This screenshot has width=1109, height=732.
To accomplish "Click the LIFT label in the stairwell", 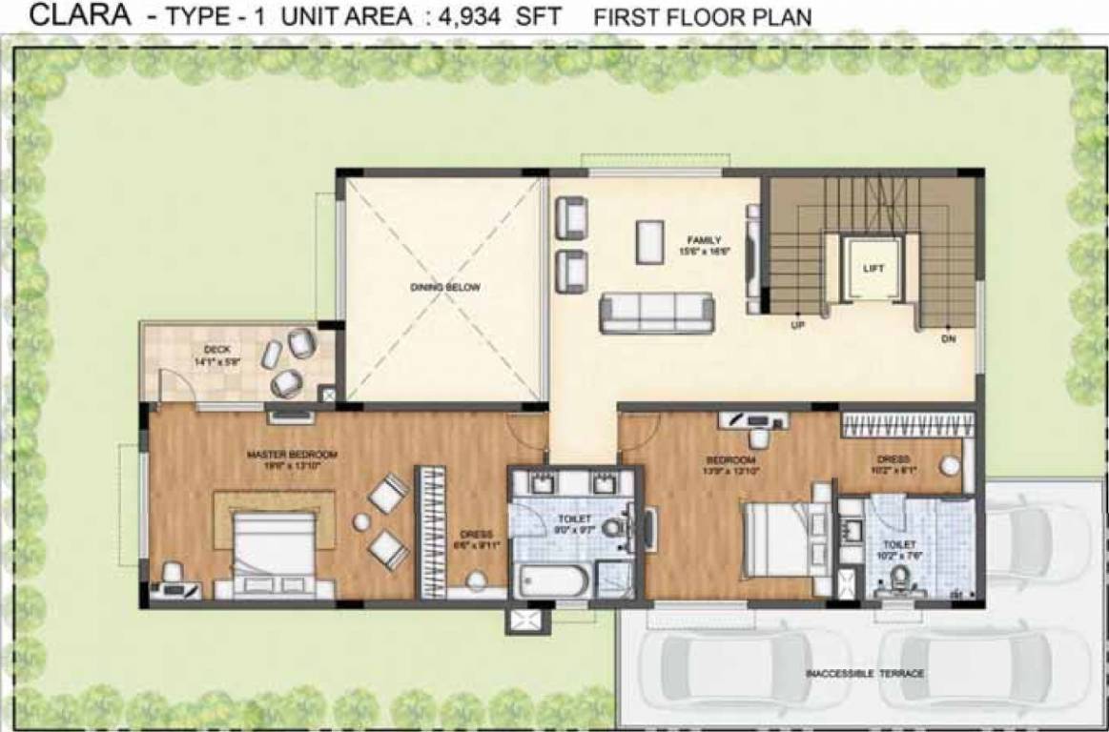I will point(873,270).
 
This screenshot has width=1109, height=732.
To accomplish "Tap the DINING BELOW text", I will point(445,287).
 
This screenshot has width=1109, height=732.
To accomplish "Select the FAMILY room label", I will point(706,240).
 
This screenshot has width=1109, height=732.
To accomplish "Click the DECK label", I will point(205,349).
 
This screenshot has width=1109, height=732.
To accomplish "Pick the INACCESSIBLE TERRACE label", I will point(865,674).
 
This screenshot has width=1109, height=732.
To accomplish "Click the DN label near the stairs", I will point(948,337).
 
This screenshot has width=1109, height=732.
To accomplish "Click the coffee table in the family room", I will point(651,241).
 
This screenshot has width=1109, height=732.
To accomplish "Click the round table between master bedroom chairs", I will point(361,521).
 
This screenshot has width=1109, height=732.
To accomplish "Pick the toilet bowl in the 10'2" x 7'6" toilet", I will point(897,575).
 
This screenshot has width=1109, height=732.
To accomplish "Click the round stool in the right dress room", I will point(950,465).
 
